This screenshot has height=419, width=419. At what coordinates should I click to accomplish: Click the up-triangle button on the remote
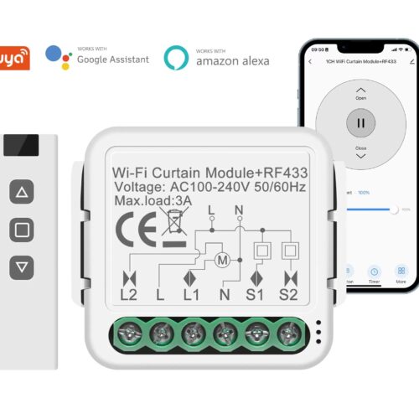(22, 193)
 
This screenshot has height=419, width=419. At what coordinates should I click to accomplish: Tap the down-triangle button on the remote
(22, 266)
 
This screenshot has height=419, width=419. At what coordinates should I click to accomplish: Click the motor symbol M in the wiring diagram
(222, 260)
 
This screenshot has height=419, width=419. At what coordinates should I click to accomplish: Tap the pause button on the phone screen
(360, 122)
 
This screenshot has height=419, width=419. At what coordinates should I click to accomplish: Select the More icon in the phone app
(401, 275)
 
